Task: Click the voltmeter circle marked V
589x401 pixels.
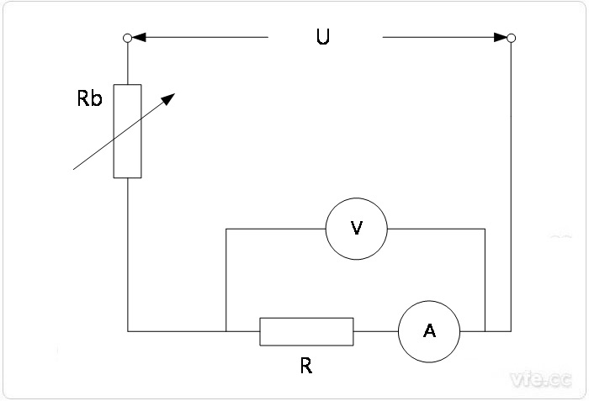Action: point(356,228)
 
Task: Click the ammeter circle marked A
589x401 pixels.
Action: point(429,331)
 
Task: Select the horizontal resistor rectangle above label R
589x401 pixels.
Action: point(306,331)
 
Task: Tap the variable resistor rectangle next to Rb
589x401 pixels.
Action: point(128,131)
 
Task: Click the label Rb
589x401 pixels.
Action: point(89,98)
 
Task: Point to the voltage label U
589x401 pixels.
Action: point(323,39)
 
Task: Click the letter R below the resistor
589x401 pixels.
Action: point(306,367)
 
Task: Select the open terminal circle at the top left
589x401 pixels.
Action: point(127,37)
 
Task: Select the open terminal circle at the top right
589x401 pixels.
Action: point(511,37)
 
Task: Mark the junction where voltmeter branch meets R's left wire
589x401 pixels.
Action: point(226,331)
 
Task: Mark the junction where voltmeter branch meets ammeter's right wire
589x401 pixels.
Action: point(486,331)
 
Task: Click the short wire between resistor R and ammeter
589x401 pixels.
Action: point(375,331)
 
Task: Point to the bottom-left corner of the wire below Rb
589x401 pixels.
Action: point(128,331)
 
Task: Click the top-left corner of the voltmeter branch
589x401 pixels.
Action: point(226,228)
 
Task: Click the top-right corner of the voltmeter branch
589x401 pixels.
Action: point(486,228)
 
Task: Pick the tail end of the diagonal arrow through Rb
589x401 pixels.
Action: point(74,169)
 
